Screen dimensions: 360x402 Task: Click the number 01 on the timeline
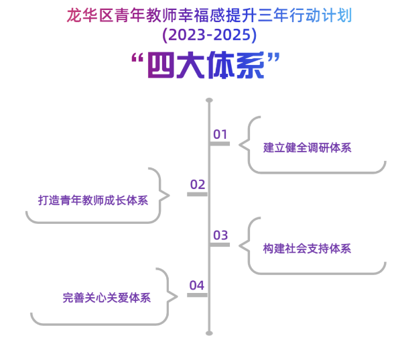(x=220, y=135)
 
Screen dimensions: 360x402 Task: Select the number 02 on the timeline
(x=198, y=184)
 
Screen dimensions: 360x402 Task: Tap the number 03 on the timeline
(x=220, y=235)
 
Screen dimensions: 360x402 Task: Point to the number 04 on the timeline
(x=196, y=286)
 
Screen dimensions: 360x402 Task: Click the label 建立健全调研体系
(x=307, y=147)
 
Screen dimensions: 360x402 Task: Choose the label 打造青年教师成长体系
(x=92, y=200)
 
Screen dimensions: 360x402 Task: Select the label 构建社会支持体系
(x=307, y=248)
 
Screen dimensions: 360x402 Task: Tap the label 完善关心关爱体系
(x=107, y=298)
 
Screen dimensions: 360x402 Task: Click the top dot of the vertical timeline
(x=209, y=100)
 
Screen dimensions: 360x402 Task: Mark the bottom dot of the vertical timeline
(x=209, y=333)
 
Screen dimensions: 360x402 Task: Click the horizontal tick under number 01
(x=220, y=143)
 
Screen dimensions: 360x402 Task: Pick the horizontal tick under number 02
(x=198, y=194)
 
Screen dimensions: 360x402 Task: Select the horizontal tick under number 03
(x=220, y=245)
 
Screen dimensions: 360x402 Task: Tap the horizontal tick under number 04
(x=198, y=295)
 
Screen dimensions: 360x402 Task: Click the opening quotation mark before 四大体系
(x=137, y=59)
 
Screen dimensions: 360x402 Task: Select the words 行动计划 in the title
(x=324, y=15)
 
